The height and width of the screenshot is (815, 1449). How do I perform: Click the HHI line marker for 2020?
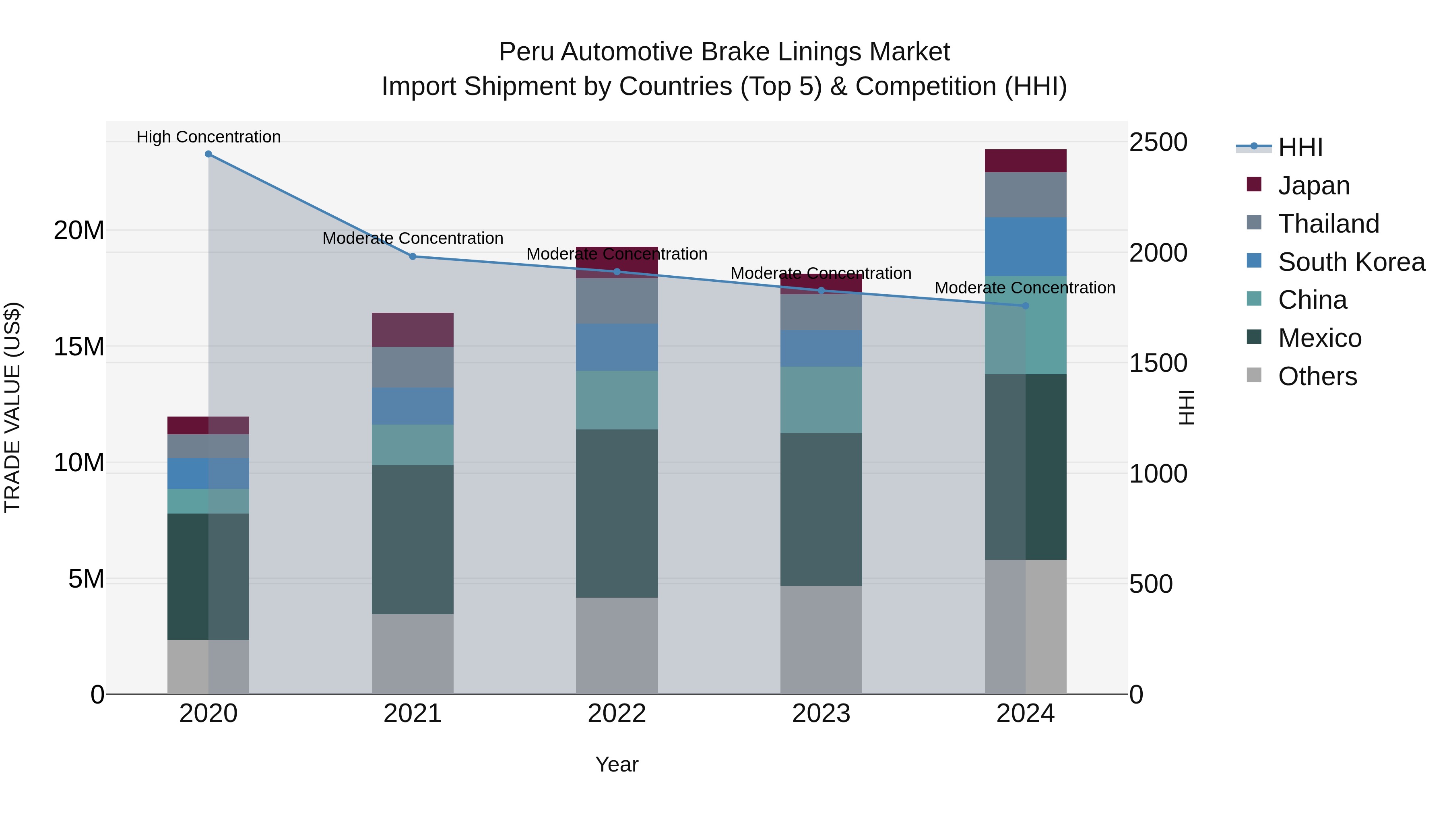[x=208, y=154]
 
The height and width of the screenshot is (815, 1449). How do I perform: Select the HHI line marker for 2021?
[x=412, y=256]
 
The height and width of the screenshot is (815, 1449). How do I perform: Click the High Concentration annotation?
[x=208, y=137]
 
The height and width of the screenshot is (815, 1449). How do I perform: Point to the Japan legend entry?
[x=1313, y=186]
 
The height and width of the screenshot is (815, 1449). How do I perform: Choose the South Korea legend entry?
[x=1350, y=262]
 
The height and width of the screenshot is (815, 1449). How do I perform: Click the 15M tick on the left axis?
[x=79, y=347]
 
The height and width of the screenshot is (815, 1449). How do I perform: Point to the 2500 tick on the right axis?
[x=1158, y=142]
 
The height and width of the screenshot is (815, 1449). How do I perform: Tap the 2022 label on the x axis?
[x=617, y=714]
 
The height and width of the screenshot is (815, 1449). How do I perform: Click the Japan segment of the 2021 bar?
[x=412, y=330]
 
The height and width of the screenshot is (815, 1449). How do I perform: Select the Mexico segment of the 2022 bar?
[x=617, y=513]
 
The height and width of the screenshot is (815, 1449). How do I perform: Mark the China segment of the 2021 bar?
[x=412, y=444]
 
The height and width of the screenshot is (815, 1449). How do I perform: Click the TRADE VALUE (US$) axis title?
[x=12, y=407]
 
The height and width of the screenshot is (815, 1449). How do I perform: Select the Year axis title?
[x=617, y=764]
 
